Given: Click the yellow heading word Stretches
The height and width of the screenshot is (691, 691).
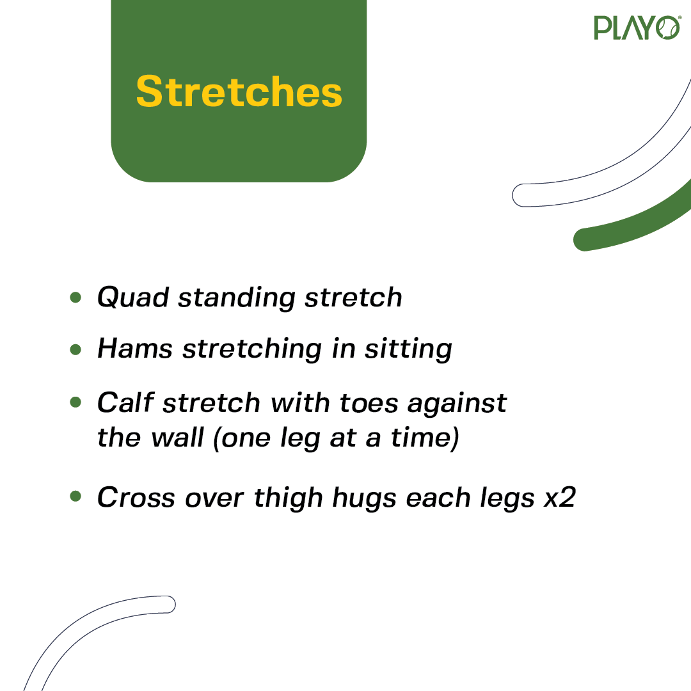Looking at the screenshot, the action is click(x=239, y=91).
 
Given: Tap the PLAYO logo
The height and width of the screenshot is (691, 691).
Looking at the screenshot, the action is click(x=637, y=28).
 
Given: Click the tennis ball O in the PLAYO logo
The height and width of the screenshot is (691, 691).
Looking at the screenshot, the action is click(x=667, y=28).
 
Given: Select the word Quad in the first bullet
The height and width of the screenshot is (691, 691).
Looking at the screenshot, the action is click(x=132, y=297).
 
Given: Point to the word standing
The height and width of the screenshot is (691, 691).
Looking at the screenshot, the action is click(x=237, y=298).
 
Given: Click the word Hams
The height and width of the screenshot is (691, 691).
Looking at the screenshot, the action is click(x=135, y=349).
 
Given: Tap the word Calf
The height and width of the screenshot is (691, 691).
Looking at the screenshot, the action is click(x=125, y=402).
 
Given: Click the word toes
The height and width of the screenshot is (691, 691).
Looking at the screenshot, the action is click(x=369, y=404).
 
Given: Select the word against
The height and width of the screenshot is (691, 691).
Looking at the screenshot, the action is click(x=457, y=404).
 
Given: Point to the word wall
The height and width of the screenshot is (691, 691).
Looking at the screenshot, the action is click(x=177, y=437).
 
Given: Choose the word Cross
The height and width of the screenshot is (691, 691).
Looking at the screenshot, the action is click(x=136, y=498).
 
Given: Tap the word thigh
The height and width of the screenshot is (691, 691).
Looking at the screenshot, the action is click(x=288, y=498).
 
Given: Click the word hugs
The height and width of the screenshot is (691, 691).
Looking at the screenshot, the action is click(x=364, y=498).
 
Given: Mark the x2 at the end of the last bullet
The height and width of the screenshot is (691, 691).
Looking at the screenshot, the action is click(x=560, y=498).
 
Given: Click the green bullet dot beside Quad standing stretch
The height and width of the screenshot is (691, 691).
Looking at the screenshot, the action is click(x=75, y=298).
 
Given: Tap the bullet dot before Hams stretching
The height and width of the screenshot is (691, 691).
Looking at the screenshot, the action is click(x=75, y=349).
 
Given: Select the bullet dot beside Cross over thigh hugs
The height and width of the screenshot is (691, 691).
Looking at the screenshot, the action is click(x=75, y=496).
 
